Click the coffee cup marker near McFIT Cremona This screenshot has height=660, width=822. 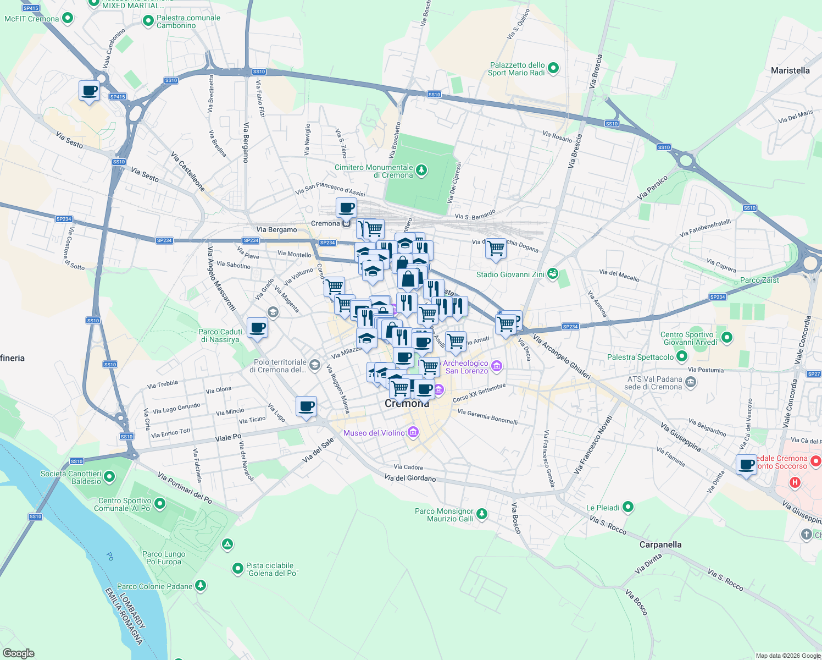click(x=89, y=91)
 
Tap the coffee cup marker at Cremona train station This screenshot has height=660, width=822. click(x=346, y=208)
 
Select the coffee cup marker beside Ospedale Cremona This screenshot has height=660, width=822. click(x=746, y=465)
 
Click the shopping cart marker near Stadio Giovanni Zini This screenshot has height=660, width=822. click(x=496, y=248)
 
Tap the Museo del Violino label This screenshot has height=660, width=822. click(x=374, y=433)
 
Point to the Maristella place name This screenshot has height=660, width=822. click(x=790, y=70)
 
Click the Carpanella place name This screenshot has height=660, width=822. click(x=660, y=544)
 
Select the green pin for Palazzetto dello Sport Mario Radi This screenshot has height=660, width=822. click(x=553, y=68)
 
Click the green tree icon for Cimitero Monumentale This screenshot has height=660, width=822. click(x=421, y=170)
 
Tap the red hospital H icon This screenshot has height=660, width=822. click(x=794, y=482)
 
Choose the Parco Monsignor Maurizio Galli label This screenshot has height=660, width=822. click(x=444, y=515)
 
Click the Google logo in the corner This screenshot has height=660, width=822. click(x=18, y=653)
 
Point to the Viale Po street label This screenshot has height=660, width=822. click(x=228, y=438)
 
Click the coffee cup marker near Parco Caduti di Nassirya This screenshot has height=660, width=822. click(x=257, y=328)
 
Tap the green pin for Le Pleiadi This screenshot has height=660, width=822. click(x=628, y=507)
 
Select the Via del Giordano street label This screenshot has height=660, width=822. click(x=410, y=478)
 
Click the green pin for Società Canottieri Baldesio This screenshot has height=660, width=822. click(x=109, y=476)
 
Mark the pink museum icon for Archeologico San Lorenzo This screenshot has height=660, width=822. click(x=497, y=366)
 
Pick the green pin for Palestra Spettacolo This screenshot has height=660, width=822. click(x=682, y=356)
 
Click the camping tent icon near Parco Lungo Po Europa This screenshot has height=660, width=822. click(x=227, y=544)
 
